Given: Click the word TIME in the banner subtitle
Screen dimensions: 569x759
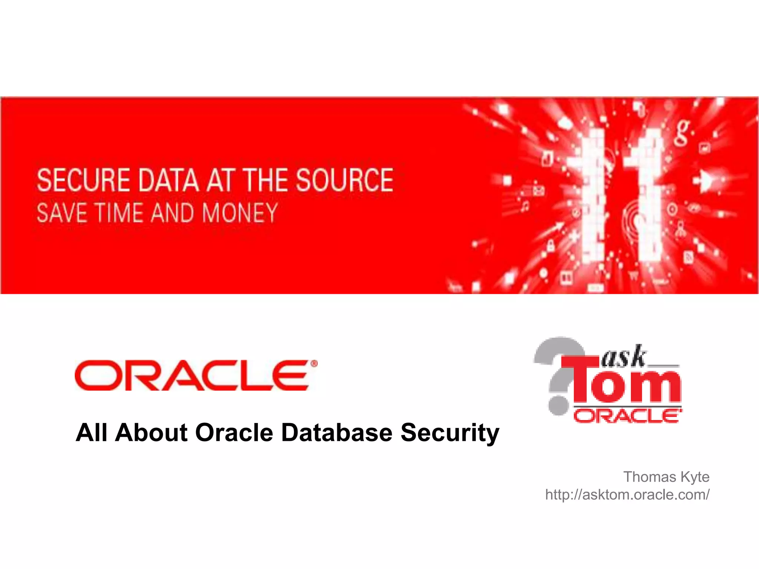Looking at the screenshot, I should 118,213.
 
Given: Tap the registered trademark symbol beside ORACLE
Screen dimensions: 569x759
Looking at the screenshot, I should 314,364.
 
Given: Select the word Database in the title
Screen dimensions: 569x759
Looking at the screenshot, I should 337,433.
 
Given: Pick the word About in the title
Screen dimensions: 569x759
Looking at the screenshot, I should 151,433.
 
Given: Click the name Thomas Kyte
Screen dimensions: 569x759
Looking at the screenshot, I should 666,477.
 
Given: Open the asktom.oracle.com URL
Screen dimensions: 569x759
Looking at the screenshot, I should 627,495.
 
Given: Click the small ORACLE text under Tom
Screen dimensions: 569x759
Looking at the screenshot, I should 627,416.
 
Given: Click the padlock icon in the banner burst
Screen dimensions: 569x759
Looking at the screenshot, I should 551,245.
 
